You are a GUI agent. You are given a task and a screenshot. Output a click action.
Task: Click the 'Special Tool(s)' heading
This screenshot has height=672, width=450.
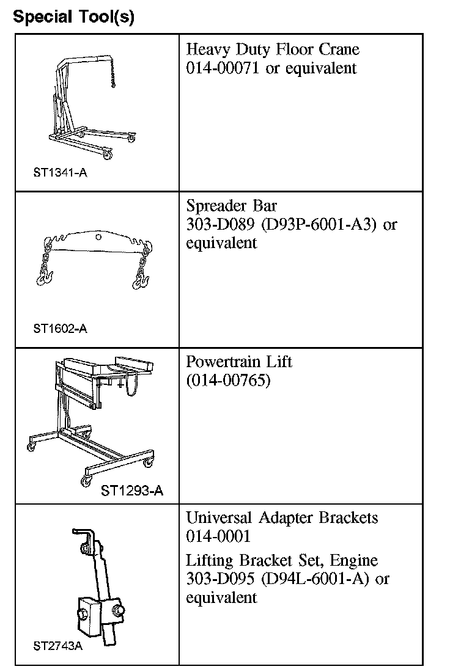click(73, 16)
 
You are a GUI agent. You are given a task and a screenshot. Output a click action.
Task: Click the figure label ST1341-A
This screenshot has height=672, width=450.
click(60, 172)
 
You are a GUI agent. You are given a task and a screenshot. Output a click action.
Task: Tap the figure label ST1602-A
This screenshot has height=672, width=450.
click(60, 329)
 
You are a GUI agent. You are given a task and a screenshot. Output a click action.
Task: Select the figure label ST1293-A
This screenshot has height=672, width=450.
click(131, 490)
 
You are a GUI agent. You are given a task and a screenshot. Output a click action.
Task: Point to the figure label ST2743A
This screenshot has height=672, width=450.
click(57, 646)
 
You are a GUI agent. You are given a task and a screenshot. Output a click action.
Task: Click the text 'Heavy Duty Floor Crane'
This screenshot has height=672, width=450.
click(273, 49)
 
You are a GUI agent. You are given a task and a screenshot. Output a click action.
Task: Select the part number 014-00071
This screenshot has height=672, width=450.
click(223, 68)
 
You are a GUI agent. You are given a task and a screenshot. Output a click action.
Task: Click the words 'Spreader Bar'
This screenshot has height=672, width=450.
click(231, 205)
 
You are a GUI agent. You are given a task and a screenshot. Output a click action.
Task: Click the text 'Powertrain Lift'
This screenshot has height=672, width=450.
click(239, 362)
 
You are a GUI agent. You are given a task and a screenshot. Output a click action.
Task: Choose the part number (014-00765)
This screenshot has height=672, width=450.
click(228, 381)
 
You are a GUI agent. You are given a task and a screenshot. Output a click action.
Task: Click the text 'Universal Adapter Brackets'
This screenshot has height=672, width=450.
click(282, 518)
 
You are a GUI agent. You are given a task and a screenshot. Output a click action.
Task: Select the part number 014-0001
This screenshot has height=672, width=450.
click(218, 536)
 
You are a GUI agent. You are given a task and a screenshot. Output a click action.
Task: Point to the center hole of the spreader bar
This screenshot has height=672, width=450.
click(98, 236)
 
